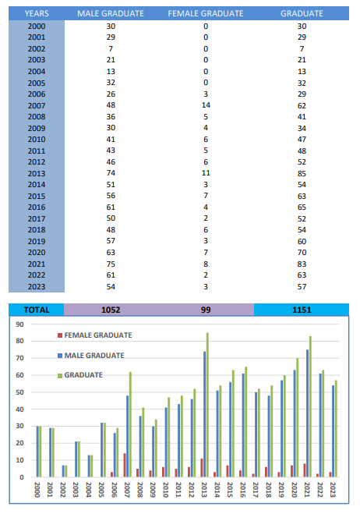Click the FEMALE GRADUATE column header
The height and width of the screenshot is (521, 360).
coord(206,13)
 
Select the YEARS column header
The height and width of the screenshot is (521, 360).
coord(37,13)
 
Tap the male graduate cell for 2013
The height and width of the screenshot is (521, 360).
coord(111,173)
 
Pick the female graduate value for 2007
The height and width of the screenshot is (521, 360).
coord(206,105)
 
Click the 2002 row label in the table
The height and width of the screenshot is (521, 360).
coord(37,49)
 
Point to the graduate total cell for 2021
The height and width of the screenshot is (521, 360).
coord(302,264)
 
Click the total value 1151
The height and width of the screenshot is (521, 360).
coord(302,310)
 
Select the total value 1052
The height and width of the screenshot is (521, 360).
coord(111,310)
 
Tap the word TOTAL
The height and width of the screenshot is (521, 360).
coord(37,310)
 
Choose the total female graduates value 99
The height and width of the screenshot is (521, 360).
coord(206,310)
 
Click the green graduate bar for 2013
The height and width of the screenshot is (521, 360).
coord(207,405)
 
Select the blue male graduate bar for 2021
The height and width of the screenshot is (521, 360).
coord(308,413)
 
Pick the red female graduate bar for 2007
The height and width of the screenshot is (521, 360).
coord(125,465)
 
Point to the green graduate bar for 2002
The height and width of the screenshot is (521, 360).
coord(66,471)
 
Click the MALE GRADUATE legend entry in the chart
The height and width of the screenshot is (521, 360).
coord(91,356)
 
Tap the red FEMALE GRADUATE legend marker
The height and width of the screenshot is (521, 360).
coord(60,335)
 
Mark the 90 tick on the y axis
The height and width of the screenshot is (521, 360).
coord(20,324)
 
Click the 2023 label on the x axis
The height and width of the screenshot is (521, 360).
coord(333,490)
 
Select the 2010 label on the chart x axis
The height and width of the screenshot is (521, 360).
coord(166,490)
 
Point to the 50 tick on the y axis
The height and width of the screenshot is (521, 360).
coord(20,392)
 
